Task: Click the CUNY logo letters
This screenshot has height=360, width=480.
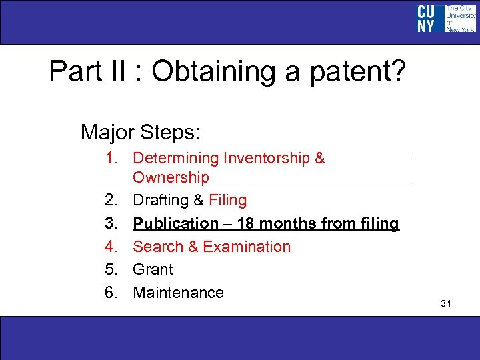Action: tap(426, 19)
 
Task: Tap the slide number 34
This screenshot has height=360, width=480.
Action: tap(446, 304)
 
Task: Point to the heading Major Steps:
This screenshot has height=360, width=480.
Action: tap(140, 132)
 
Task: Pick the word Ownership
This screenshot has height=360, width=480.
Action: tap(171, 177)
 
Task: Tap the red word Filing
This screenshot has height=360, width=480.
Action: tap(227, 200)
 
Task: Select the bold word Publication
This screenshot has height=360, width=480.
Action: tap(175, 223)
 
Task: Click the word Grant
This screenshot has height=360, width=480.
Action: tap(153, 269)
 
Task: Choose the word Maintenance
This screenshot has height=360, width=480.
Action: tap(178, 293)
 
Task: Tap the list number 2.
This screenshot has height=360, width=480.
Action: tap(110, 200)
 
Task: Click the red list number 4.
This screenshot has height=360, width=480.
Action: tap(110, 247)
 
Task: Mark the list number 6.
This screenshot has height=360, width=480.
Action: tap(110, 293)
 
